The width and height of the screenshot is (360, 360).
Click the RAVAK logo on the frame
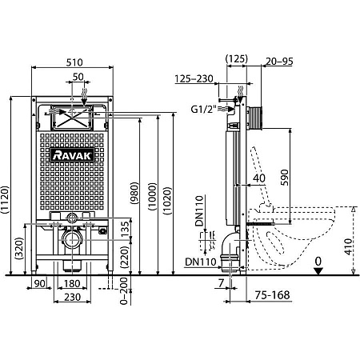click(72, 155)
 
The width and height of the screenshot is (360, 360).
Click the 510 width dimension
click(74, 62)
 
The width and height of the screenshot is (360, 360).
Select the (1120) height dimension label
click(5, 200)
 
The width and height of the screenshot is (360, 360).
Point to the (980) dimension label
click(134, 193)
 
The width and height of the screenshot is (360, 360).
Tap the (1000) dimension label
click(153, 197)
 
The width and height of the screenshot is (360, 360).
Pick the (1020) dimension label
click(167, 201)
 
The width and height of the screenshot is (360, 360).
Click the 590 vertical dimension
click(285, 178)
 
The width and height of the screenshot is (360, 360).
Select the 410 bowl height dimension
click(348, 246)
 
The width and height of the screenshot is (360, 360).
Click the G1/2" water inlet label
click(202, 110)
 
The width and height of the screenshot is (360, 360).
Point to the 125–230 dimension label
click(194, 78)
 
